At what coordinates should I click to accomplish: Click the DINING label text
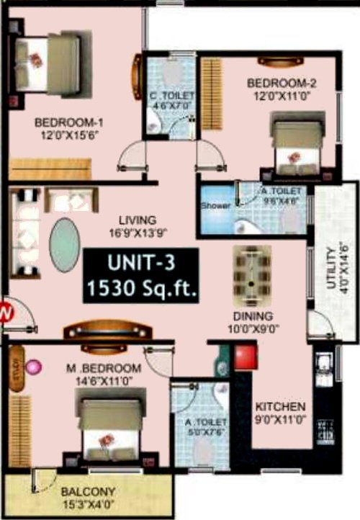pos(252,315)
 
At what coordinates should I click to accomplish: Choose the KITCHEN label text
pos(281,406)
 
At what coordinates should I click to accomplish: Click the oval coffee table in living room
pos(63,244)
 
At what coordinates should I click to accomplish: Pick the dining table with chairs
pos(252,274)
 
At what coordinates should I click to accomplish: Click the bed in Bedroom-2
pos(295,146)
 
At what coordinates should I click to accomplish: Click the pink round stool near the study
pos(32,369)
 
